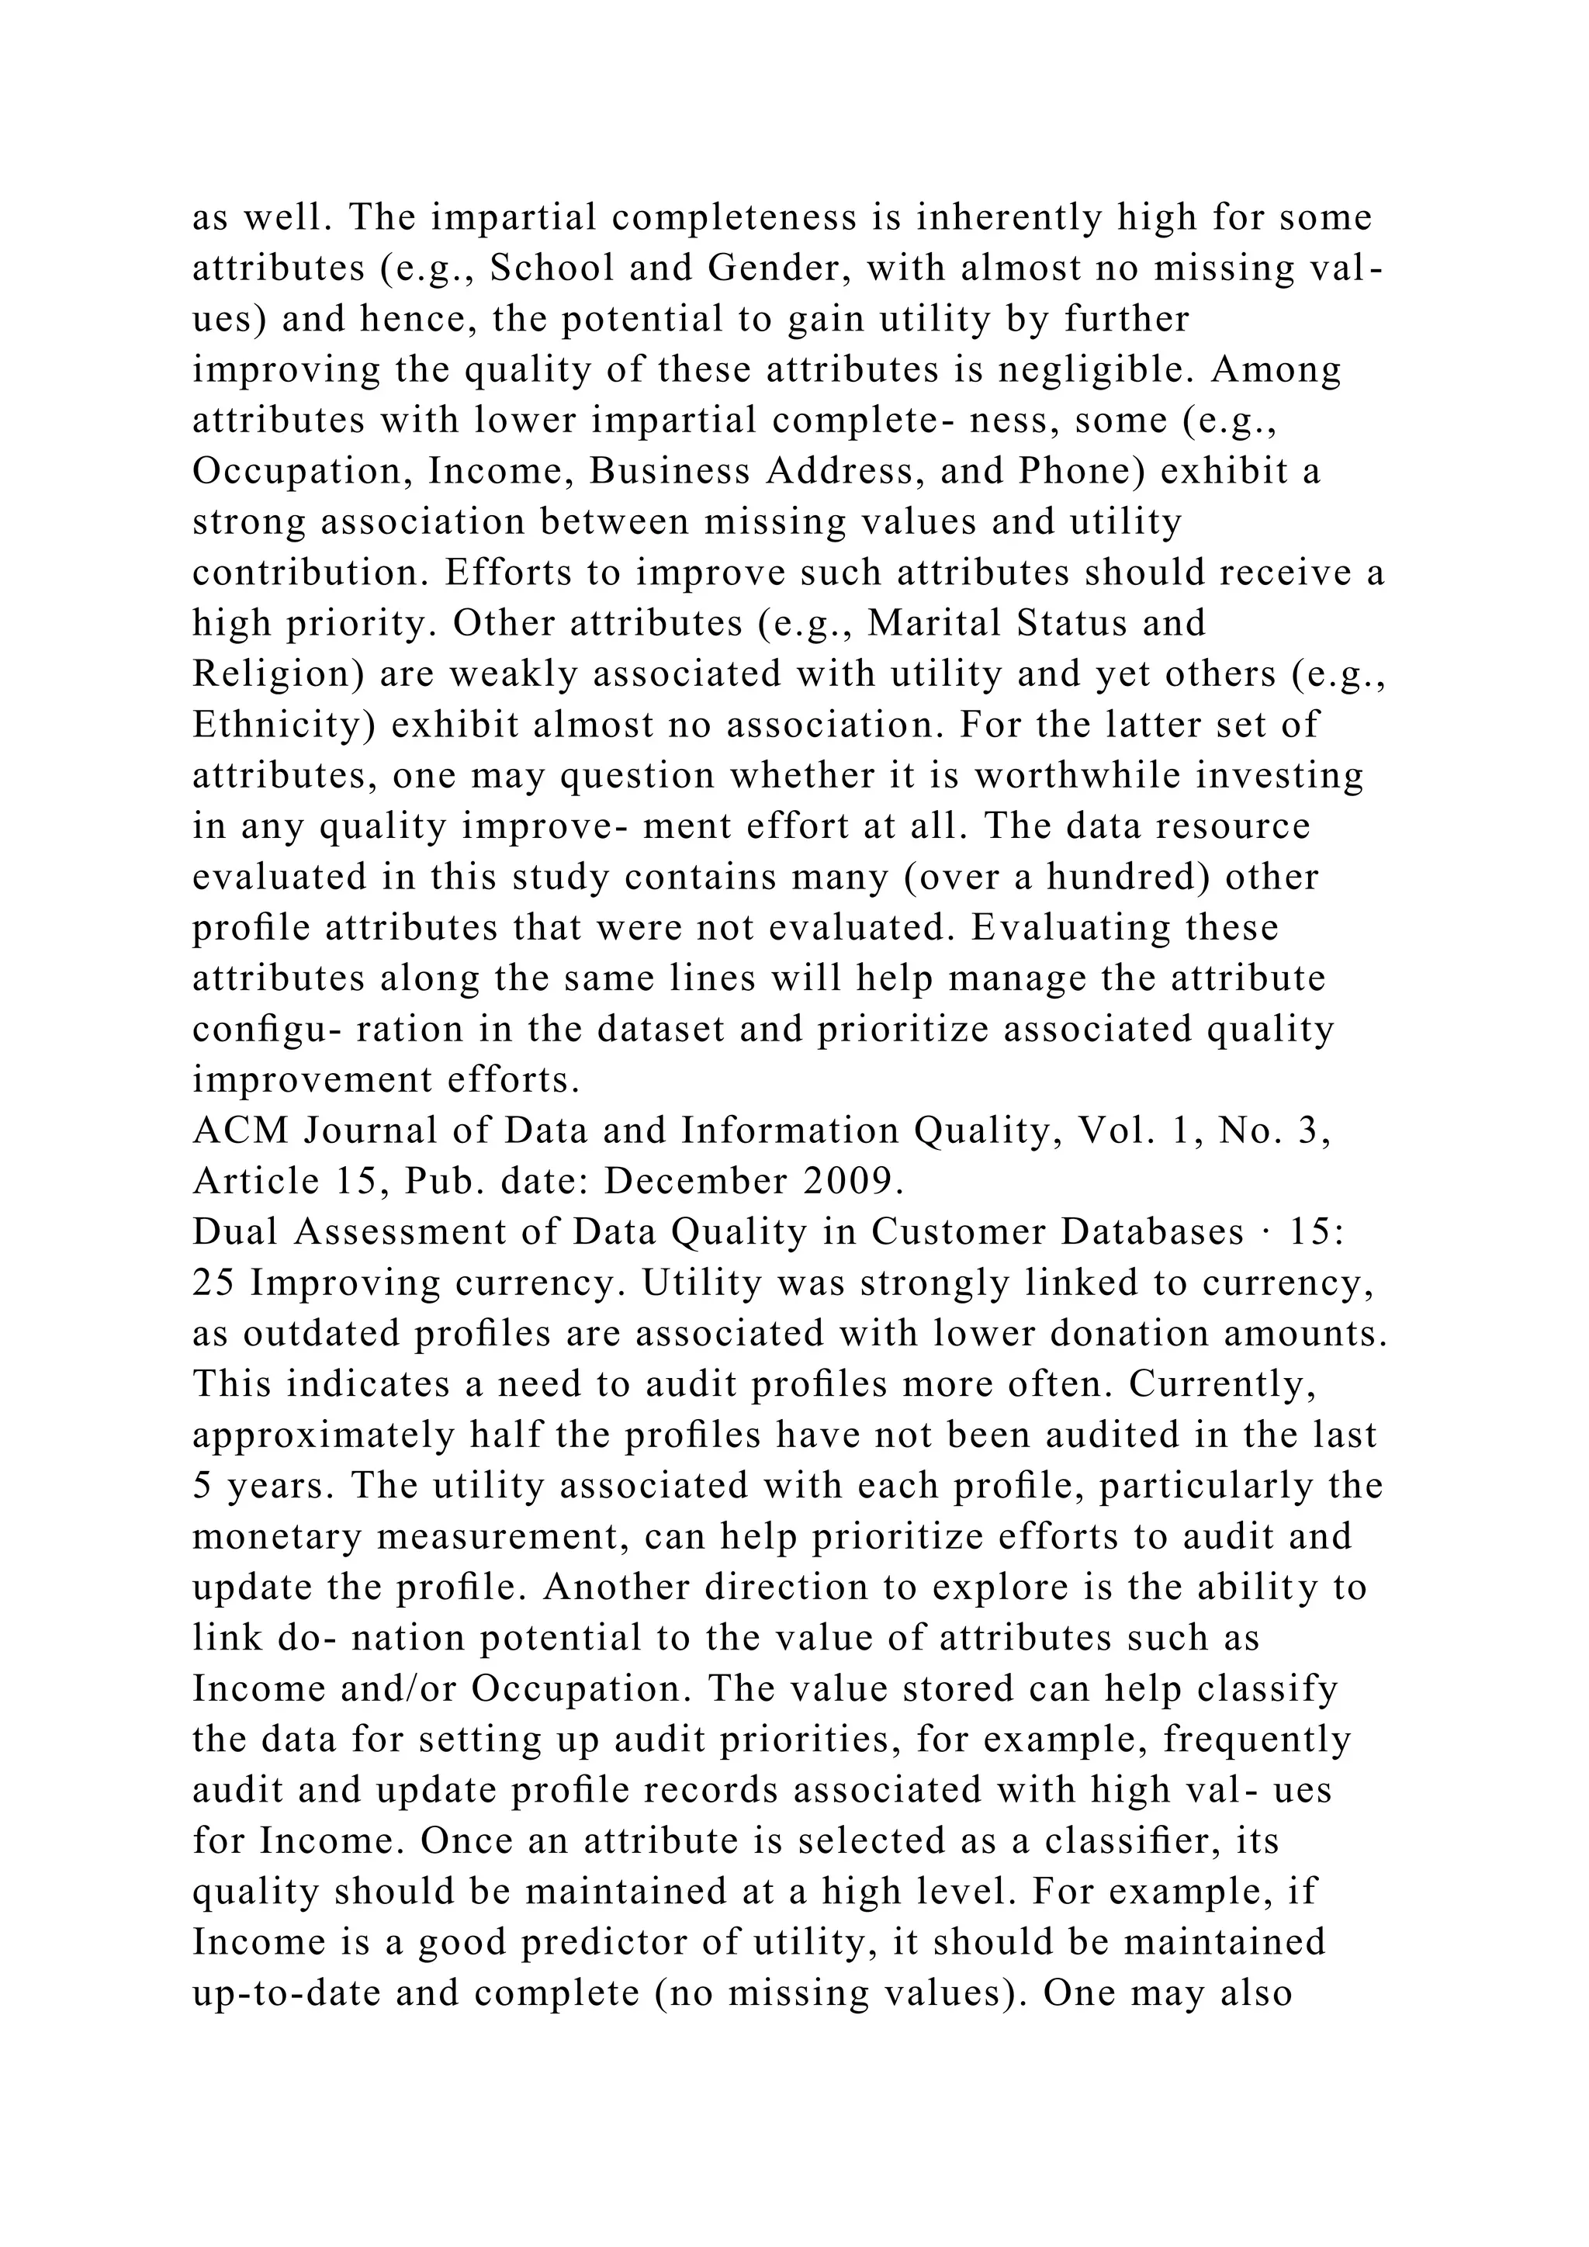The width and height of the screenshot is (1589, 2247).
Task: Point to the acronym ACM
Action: (x=241, y=1131)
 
